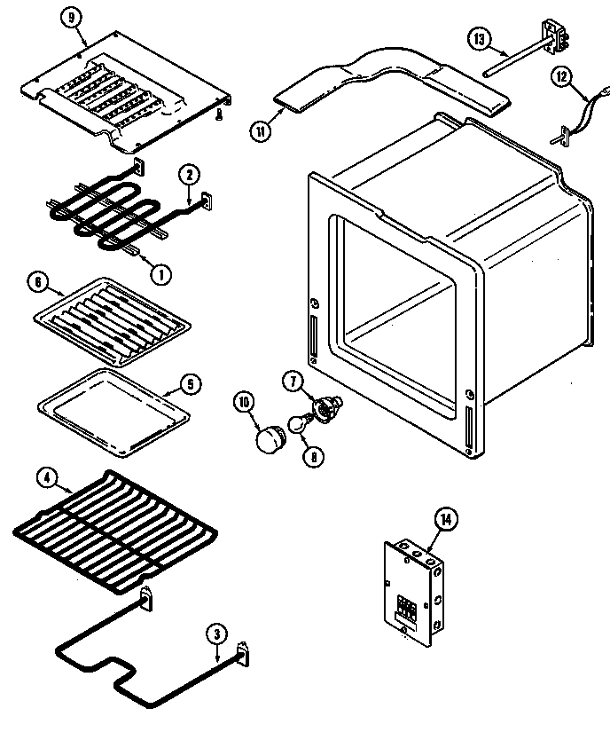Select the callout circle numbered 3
[215, 634]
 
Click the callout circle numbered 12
[560, 77]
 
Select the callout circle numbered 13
[479, 38]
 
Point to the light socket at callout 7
[326, 406]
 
